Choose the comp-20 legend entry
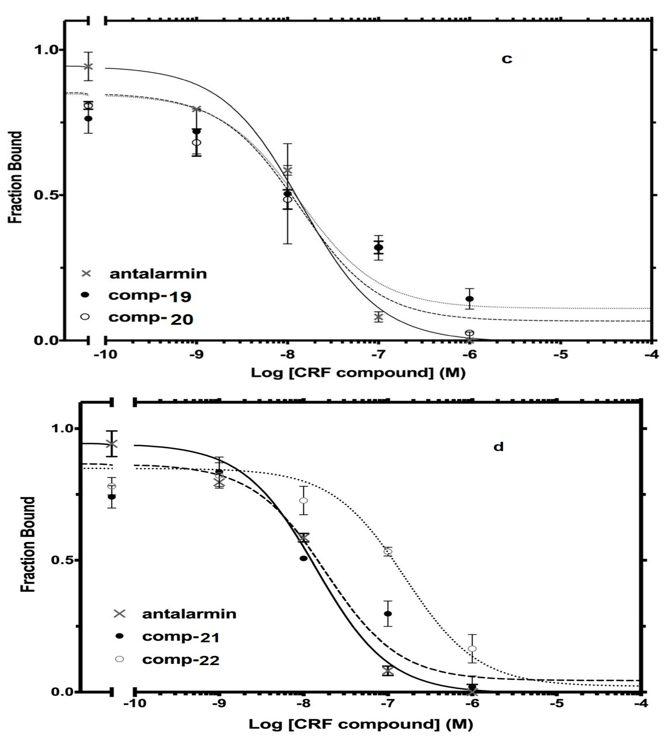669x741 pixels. tap(151, 318)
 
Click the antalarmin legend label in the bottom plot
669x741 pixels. tap(189, 614)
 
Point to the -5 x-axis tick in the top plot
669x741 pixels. tap(560, 355)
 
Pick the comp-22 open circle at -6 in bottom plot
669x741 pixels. tap(472, 649)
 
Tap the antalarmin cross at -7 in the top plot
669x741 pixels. tap(378, 317)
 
